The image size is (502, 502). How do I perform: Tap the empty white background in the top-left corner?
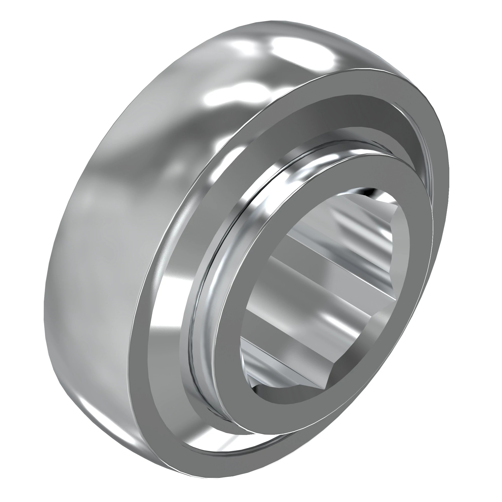[x=26, y=26]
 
